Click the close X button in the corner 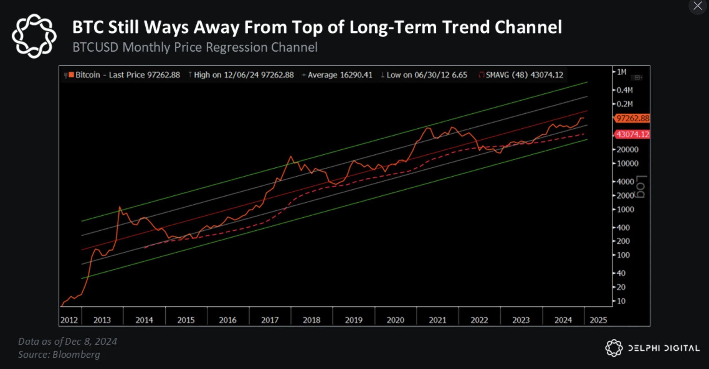697,6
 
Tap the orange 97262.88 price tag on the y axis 632,118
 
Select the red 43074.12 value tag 632,134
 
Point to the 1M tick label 621,72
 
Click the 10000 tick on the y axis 627,163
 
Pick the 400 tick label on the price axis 623,227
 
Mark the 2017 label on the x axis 270,320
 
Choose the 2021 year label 437,320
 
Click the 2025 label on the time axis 598,320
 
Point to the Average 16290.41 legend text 340,75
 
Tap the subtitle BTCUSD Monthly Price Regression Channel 195,47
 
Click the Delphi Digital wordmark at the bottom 664,348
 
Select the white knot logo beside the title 34,36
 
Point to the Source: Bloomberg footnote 59,354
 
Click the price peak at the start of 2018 291,156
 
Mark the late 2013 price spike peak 120,207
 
